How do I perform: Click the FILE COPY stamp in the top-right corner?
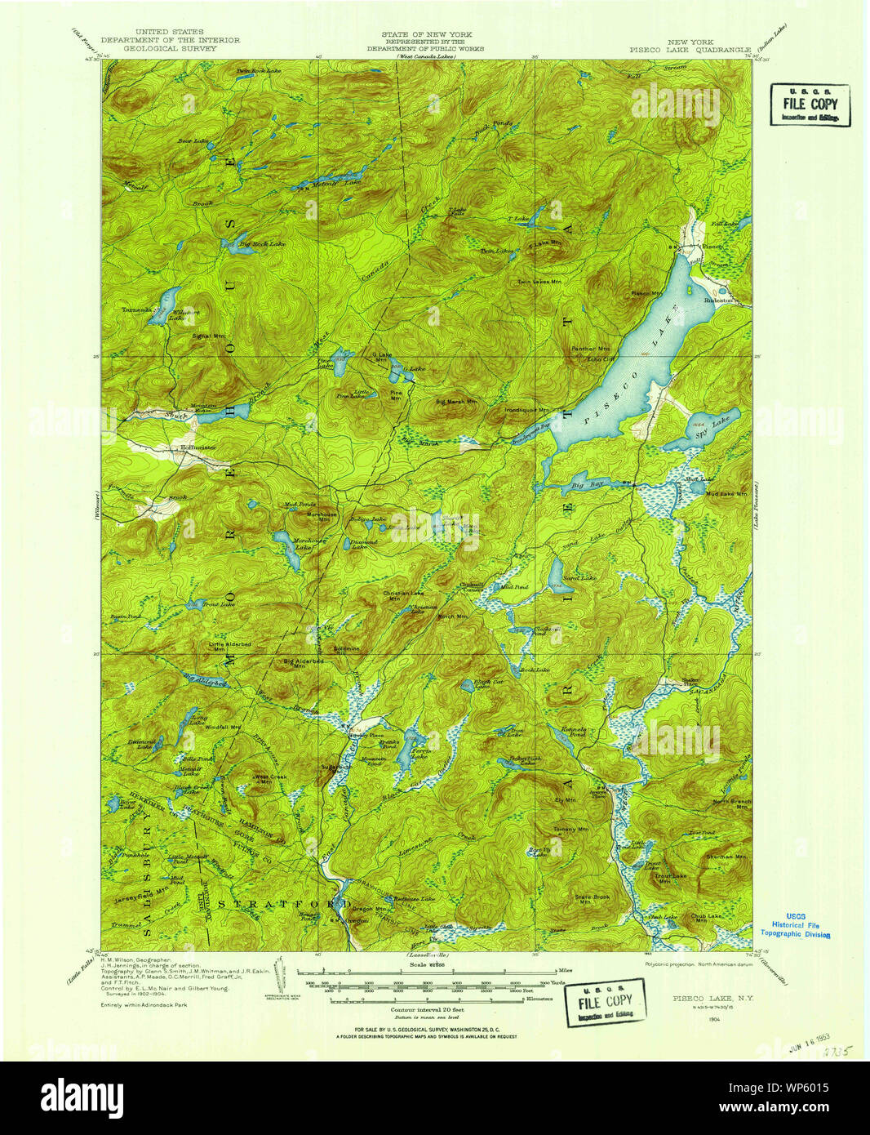[x=810, y=105]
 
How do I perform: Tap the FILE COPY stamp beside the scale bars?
[x=605, y=1001]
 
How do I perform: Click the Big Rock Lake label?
[x=256, y=243]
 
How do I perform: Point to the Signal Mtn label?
[x=208, y=336]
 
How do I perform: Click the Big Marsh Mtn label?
[x=455, y=402]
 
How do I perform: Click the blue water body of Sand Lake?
[x=558, y=573]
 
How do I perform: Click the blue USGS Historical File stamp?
[x=794, y=925]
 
